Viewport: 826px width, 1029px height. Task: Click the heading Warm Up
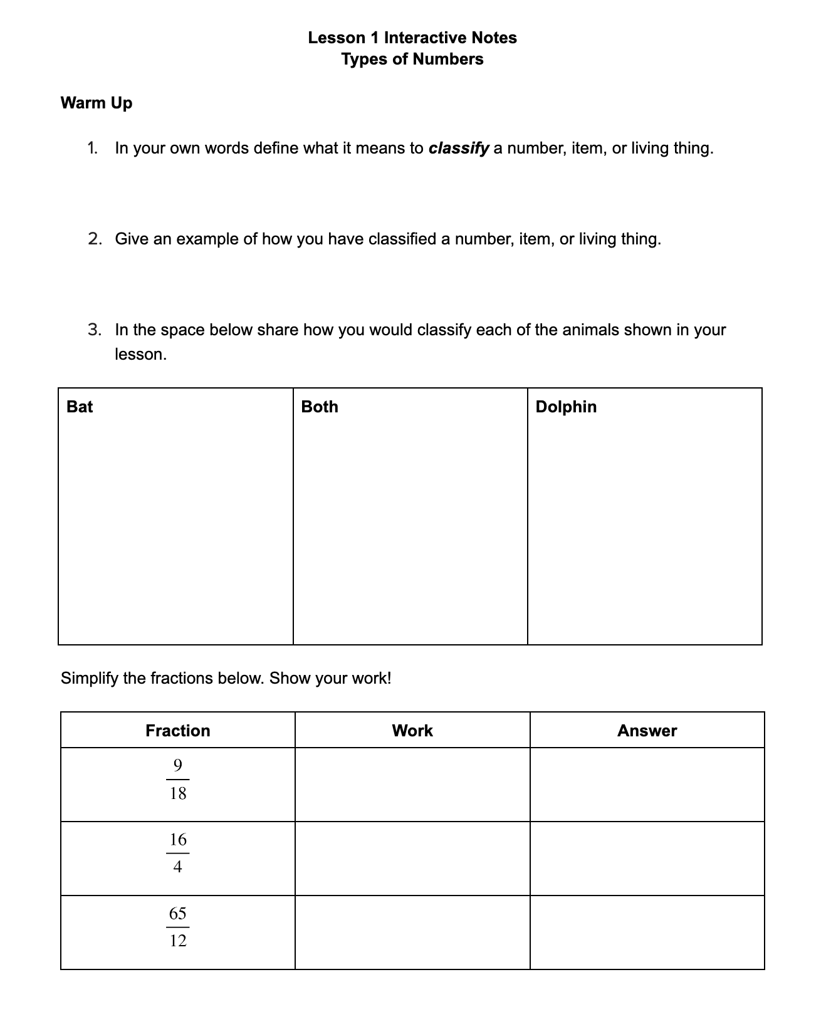tap(97, 103)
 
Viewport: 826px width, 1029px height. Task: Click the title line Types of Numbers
tap(412, 60)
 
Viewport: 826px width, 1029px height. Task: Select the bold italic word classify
tap(458, 149)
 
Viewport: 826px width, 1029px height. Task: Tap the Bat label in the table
tap(80, 407)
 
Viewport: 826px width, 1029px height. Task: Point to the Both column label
tap(320, 407)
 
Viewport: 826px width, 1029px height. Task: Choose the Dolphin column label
tap(566, 407)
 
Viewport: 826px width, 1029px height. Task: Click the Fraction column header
tap(177, 731)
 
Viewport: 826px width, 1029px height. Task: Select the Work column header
tap(412, 731)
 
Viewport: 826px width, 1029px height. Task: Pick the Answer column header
tap(647, 731)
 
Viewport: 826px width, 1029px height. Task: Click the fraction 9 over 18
tap(178, 780)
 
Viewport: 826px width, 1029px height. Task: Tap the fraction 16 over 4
tap(178, 853)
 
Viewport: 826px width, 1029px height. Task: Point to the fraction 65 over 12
tap(178, 927)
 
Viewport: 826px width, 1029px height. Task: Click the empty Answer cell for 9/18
tap(647, 785)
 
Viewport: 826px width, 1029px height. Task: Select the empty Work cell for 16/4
tap(412, 859)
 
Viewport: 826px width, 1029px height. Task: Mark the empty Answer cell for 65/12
tap(647, 932)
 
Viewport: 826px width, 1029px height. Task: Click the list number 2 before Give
tap(95, 239)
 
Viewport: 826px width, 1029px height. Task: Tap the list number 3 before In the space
tap(95, 330)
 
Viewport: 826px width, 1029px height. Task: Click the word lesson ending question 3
tap(140, 355)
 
